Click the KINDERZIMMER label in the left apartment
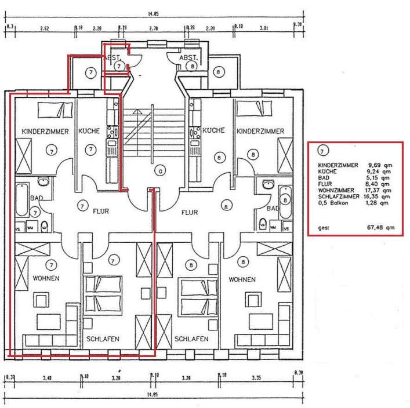pos(45,132)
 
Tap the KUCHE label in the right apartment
pos(213,130)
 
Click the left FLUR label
pos(101,212)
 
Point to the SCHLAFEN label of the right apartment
pos(191,339)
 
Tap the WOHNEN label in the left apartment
pos(46,279)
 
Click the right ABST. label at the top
pos(189,59)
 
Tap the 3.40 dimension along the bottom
pos(48,378)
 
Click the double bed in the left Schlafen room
pos(103,293)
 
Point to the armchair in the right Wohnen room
pos(252,300)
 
